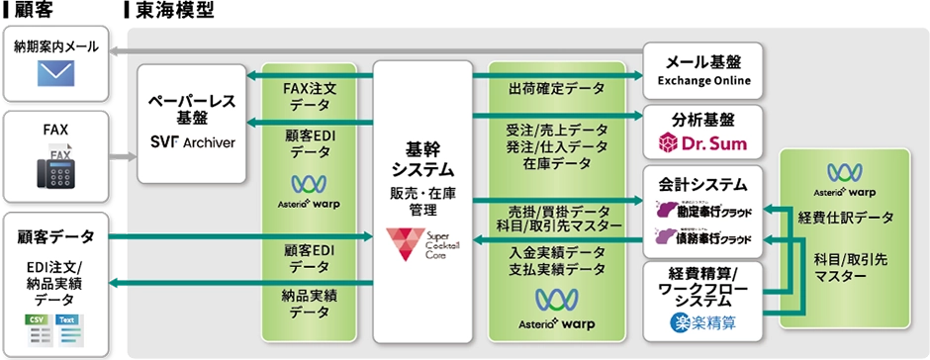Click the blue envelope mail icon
57,73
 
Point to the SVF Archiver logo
192,142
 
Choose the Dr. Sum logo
702,144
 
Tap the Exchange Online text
703,80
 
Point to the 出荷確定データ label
556,88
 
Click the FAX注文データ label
311,96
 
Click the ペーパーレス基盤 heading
191,109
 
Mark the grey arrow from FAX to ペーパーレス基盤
124,156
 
